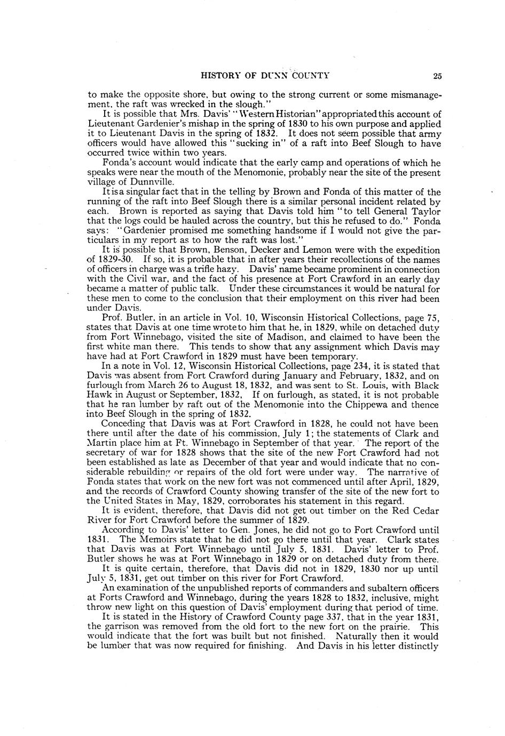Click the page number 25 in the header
pos(437,76)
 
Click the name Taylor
pos(424,212)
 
